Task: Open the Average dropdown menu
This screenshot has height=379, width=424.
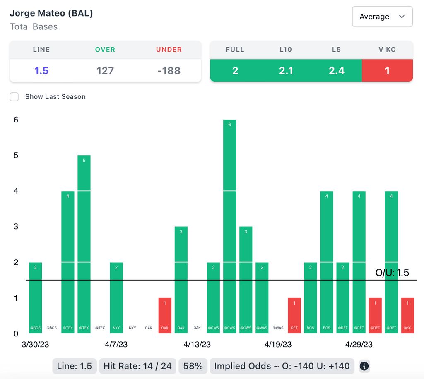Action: tap(382, 17)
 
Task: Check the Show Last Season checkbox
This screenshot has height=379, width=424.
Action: tap(14, 97)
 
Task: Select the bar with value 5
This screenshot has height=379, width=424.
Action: tap(84, 244)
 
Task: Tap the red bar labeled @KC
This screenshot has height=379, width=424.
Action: tap(407, 315)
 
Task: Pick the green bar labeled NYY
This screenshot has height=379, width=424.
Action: tap(116, 297)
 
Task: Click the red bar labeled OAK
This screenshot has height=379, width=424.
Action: tap(165, 315)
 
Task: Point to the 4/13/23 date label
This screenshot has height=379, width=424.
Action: tap(197, 345)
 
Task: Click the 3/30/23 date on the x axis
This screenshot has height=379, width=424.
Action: tap(35, 345)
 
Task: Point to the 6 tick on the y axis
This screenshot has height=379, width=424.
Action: tap(16, 120)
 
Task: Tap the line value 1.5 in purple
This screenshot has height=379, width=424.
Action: tap(41, 71)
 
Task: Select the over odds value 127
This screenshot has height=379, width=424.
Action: tap(105, 71)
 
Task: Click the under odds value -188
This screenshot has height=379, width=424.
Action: tap(169, 71)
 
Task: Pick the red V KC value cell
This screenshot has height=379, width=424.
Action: tap(387, 71)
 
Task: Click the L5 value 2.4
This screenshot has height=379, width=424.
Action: tap(336, 71)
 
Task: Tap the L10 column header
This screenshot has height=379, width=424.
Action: tap(286, 50)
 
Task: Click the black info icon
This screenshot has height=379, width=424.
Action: tap(364, 366)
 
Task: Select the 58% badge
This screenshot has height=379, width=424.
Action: tap(193, 366)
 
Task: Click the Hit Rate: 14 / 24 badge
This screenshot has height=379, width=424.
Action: tap(138, 366)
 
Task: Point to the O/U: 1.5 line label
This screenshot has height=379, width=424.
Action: tap(392, 273)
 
